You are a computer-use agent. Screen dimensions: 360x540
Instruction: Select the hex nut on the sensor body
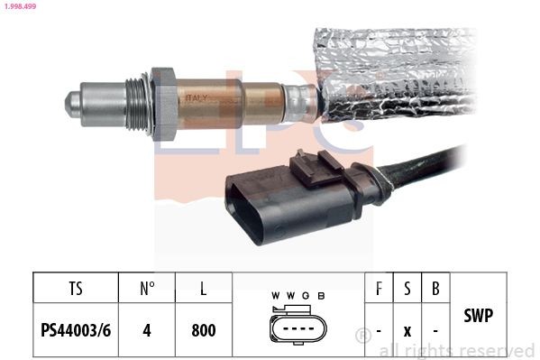pyautogui.click(x=163, y=101)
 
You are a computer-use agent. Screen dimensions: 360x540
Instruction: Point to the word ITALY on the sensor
pyautogui.click(x=197, y=97)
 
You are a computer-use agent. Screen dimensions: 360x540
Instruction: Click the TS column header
pyautogui.click(x=76, y=289)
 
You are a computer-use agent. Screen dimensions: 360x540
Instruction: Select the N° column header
pyautogui.click(x=148, y=289)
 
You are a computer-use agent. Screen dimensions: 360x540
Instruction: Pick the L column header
pyautogui.click(x=204, y=289)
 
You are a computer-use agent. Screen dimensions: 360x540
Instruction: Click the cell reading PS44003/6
pyautogui.click(x=76, y=330)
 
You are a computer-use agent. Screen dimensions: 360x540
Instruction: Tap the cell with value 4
pyautogui.click(x=148, y=330)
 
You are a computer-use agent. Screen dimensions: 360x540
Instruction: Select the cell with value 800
pyautogui.click(x=204, y=330)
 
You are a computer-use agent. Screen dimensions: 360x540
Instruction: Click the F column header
pyautogui.click(x=378, y=289)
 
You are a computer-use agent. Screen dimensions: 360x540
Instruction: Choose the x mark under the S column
pyautogui.click(x=407, y=331)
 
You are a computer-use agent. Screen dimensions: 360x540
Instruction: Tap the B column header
pyautogui.click(x=435, y=289)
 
